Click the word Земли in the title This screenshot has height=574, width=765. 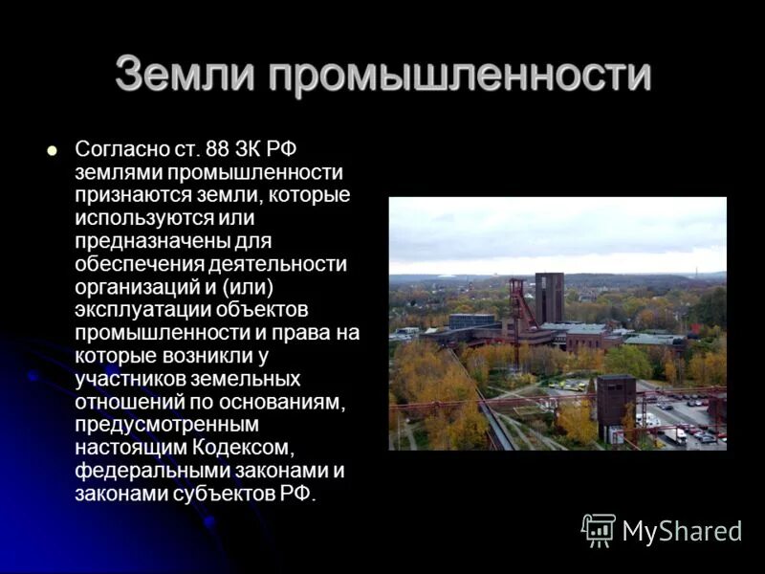click(x=184, y=75)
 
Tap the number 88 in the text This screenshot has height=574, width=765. click(x=214, y=151)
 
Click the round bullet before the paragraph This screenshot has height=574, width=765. click(x=53, y=150)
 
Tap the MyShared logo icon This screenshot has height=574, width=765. click(x=599, y=529)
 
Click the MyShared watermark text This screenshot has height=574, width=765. click(x=682, y=531)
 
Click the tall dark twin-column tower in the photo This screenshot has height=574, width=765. click(x=549, y=298)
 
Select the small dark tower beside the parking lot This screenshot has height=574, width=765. click(x=615, y=406)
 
